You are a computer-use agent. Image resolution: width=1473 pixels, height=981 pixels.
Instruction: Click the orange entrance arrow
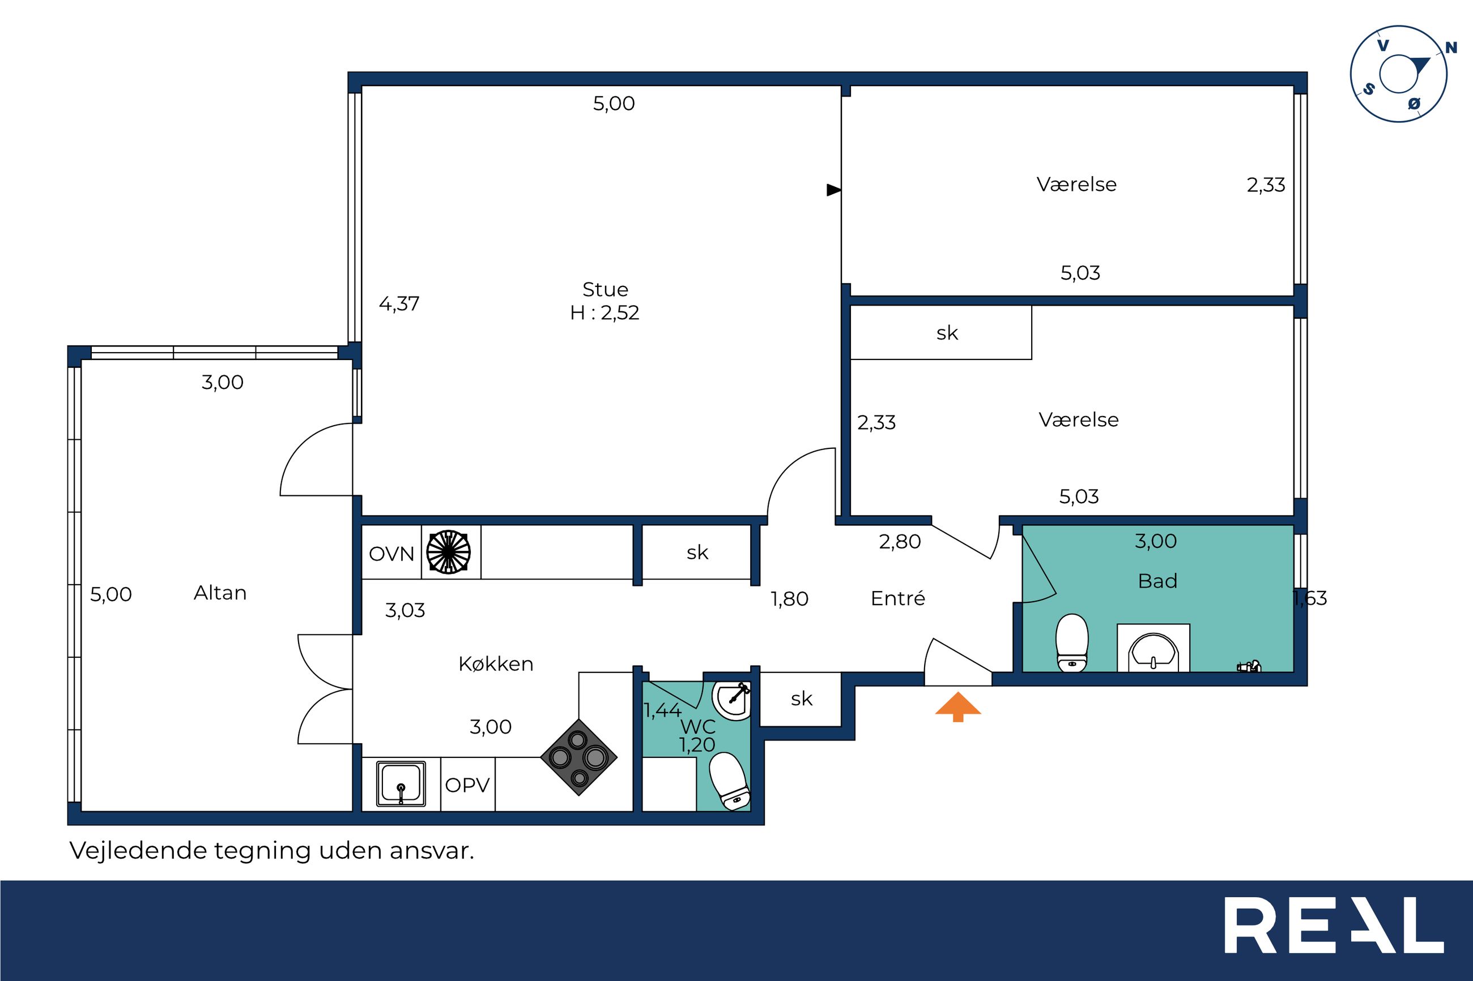(x=958, y=706)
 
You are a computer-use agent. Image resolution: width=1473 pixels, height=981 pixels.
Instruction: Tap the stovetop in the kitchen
(x=578, y=757)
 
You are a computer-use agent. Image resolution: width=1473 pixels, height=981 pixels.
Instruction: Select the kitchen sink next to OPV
(x=401, y=783)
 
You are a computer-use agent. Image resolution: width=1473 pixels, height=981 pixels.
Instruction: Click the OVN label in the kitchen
(x=391, y=554)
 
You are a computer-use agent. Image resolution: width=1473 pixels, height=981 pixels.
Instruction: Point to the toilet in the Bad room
(x=1072, y=642)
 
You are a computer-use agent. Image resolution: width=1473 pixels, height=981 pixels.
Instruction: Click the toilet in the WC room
(x=729, y=781)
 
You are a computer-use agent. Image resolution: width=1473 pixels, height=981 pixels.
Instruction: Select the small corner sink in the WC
(x=731, y=700)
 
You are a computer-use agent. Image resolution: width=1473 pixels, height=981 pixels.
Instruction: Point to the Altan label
(x=220, y=593)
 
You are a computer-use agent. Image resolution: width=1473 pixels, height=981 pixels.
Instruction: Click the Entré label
(x=898, y=598)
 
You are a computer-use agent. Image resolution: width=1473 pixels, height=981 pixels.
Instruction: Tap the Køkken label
(x=496, y=663)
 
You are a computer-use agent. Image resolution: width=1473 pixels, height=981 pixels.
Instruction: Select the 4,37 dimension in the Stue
(x=399, y=303)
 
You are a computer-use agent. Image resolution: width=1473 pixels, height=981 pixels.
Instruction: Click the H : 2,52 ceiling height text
(x=604, y=312)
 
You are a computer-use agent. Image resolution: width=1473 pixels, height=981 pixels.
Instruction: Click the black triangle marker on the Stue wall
(x=834, y=190)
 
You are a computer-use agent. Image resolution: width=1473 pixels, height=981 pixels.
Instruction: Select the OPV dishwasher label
(x=467, y=785)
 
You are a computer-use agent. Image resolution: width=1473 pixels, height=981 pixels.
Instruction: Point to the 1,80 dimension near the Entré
(x=789, y=599)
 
